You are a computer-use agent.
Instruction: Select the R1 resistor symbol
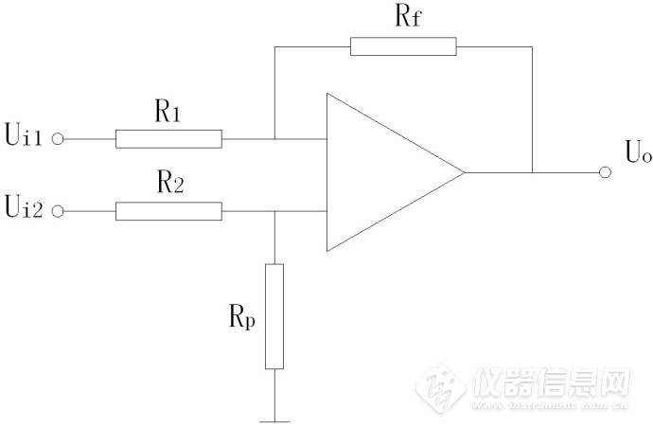click(x=168, y=139)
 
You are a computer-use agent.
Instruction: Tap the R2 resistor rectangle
click(x=168, y=211)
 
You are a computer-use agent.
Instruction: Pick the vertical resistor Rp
click(x=274, y=317)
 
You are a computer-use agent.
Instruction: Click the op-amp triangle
click(x=383, y=172)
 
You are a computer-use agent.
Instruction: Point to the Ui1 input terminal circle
click(x=58, y=139)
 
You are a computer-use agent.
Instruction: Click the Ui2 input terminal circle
click(x=58, y=211)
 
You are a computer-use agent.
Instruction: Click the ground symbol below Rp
click(x=274, y=418)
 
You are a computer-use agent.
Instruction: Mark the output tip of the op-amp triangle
click(x=464, y=172)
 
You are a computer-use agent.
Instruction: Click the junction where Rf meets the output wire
click(x=532, y=172)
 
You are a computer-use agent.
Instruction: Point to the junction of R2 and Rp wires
click(x=274, y=211)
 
